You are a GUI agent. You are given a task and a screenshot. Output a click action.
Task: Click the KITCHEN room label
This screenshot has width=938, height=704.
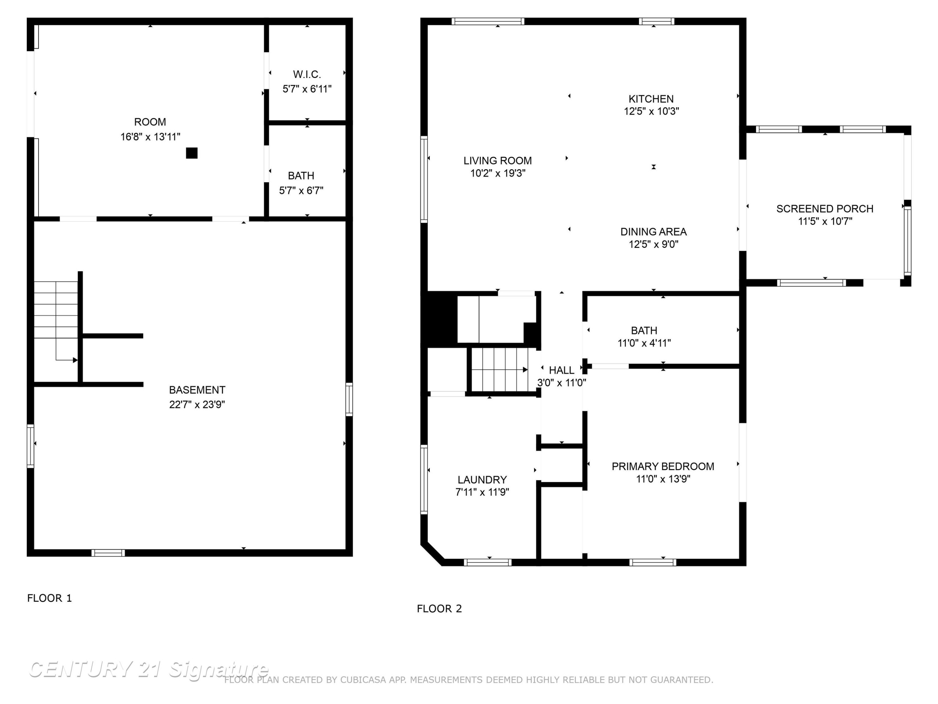[x=651, y=99]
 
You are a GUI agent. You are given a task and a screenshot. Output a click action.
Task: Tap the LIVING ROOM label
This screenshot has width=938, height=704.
[x=497, y=161]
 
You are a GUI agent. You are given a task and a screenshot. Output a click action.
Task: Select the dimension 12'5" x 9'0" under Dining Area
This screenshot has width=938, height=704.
[x=653, y=244]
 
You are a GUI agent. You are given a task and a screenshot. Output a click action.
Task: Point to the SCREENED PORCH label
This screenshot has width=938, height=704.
[x=825, y=209]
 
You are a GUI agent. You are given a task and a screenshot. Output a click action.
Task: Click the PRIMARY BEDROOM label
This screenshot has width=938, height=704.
[x=663, y=467]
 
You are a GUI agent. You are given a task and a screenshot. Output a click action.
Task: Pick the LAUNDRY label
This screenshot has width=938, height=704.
[x=482, y=480]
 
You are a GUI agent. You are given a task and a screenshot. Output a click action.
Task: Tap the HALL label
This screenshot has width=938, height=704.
[x=562, y=370]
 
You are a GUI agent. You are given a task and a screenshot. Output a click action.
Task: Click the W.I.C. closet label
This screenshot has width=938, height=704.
[x=307, y=75]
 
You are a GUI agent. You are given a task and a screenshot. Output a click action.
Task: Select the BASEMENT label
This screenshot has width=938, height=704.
[x=197, y=390]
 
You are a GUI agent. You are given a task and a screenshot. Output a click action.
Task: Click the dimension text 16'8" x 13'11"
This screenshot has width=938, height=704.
[x=150, y=137]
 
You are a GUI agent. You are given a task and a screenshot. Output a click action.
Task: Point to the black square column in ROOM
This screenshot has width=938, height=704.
[x=192, y=153]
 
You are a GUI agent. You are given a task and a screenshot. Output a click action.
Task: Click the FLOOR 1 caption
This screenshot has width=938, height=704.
[x=50, y=598]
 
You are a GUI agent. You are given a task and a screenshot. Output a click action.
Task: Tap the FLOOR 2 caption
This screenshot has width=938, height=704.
[x=439, y=609]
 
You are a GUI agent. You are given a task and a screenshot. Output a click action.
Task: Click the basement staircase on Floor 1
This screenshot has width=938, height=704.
[x=56, y=321]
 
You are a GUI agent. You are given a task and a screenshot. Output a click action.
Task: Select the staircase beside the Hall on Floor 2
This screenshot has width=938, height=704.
[x=500, y=370]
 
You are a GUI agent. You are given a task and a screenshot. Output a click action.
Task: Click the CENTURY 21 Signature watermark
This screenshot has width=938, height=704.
[x=149, y=669]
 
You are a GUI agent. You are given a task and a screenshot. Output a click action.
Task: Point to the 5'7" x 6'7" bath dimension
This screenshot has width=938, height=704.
[x=301, y=191]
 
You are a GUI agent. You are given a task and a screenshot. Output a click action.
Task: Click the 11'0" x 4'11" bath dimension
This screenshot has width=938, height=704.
[x=644, y=343]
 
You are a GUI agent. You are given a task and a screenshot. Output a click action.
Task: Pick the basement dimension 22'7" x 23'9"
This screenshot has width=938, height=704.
[x=197, y=404]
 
